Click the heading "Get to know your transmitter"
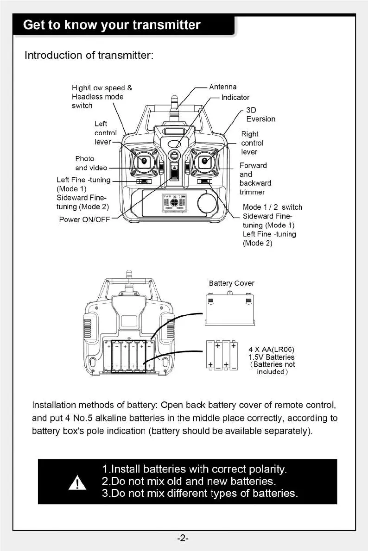(112, 25)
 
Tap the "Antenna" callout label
(222, 87)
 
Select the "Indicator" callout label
(235, 97)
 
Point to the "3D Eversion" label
(260, 114)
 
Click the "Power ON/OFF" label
(84, 219)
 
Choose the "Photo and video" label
(91, 163)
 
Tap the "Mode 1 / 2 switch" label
(272, 207)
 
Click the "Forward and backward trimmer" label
(255, 178)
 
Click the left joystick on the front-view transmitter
(144, 161)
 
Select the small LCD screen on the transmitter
(174, 204)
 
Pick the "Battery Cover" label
(231, 283)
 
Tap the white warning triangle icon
(76, 482)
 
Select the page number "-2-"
(183, 538)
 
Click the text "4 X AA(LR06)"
(272, 349)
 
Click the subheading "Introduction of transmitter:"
(89, 56)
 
